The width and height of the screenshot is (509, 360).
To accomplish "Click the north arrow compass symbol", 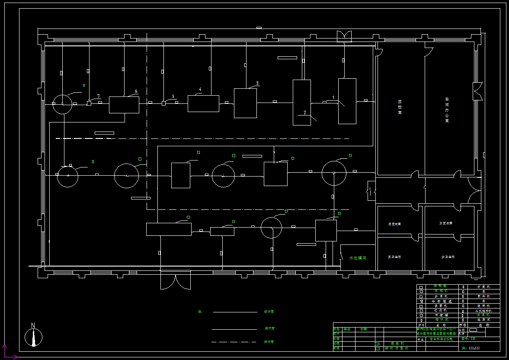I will click(x=33, y=336).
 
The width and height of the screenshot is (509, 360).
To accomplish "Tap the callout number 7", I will click(x=99, y=96).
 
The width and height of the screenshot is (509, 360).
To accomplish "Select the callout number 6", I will click(x=136, y=91).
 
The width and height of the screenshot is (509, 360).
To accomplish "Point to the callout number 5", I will click(x=173, y=96).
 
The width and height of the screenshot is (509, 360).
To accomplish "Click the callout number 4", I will click(x=200, y=90).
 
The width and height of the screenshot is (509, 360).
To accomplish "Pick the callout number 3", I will click(x=257, y=83).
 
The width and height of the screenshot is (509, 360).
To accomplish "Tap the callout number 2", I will click(x=304, y=112).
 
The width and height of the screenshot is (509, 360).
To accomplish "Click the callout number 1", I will click(x=333, y=97).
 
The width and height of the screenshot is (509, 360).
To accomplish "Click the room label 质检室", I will click(x=400, y=106).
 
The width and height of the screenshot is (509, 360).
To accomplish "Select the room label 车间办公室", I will click(x=447, y=110).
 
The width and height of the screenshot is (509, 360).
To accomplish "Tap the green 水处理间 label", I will click(x=358, y=258).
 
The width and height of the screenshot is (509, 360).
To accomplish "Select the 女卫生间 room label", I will click(x=448, y=257).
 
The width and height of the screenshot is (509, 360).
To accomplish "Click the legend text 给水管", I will click(x=270, y=312).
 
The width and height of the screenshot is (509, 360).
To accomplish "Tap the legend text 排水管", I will click(x=269, y=342).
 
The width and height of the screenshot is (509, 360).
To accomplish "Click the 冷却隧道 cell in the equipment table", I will click(x=441, y=301).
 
